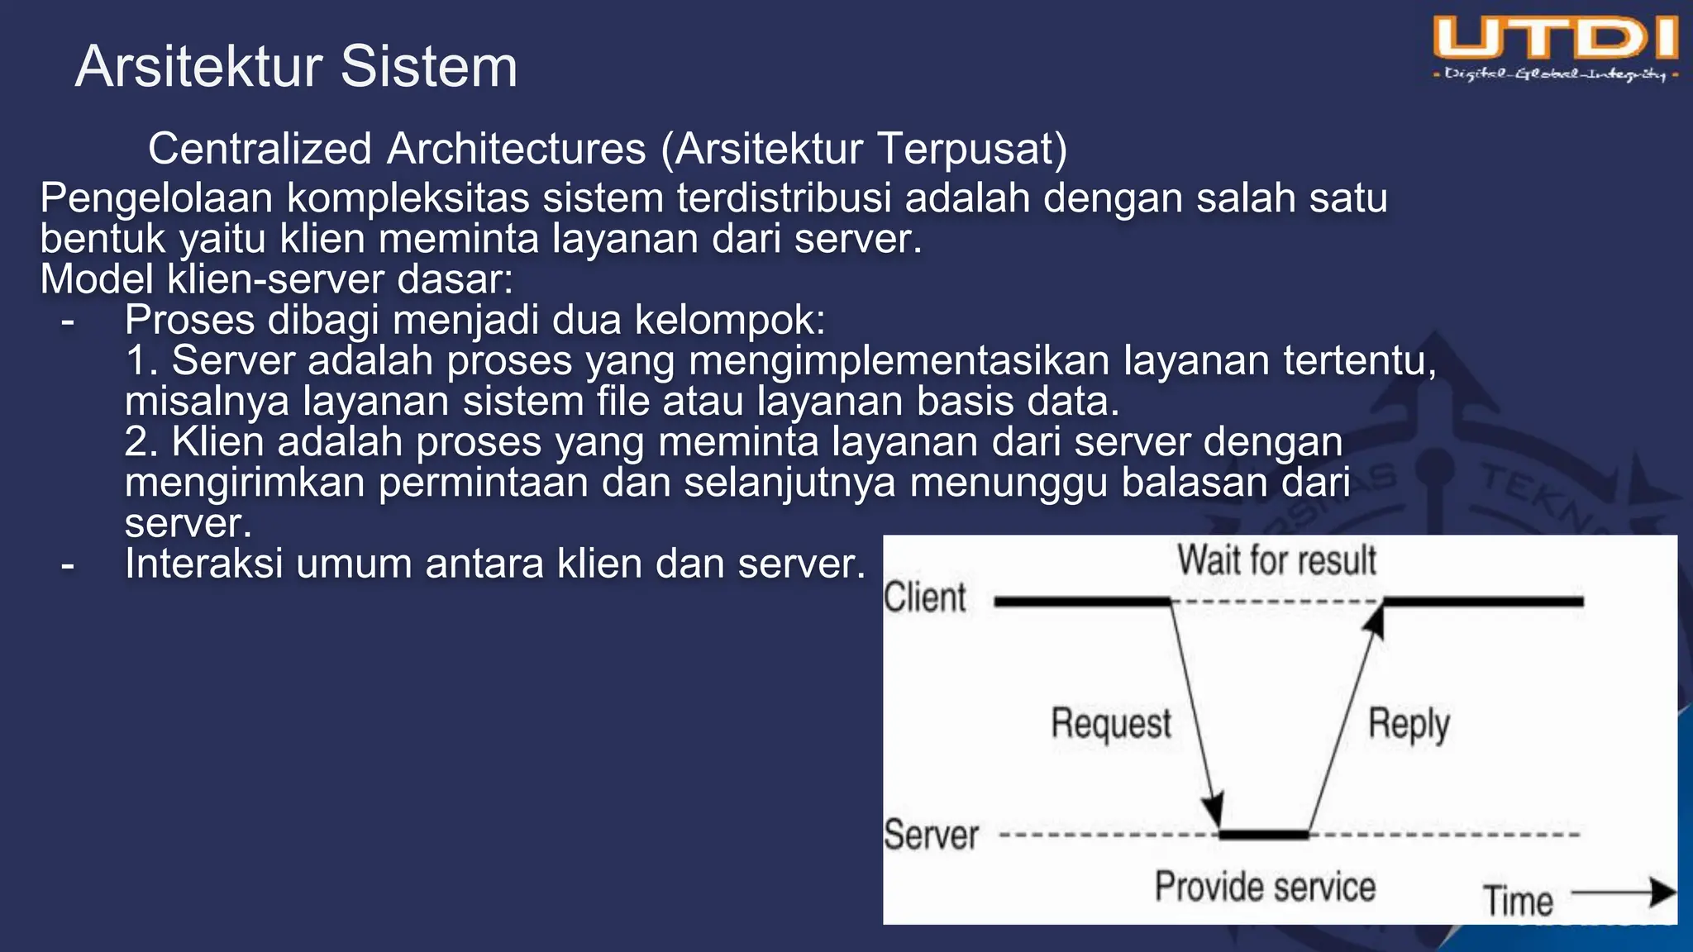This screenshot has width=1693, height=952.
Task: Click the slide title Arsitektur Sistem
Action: click(x=296, y=66)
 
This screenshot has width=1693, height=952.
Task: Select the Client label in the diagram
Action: click(x=924, y=597)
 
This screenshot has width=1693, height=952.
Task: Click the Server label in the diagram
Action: click(x=931, y=835)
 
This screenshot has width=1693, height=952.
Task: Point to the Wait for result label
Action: click(x=1276, y=560)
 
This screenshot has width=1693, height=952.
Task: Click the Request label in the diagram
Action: click(x=1111, y=724)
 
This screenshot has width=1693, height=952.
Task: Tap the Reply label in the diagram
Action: click(x=1409, y=725)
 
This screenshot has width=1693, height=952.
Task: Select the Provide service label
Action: click(x=1265, y=887)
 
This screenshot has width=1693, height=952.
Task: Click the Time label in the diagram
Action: click(x=1518, y=901)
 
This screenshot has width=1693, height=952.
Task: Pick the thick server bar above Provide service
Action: click(x=1264, y=835)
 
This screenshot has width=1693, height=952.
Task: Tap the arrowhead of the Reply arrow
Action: click(x=1374, y=620)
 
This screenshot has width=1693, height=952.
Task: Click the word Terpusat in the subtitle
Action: click(x=972, y=150)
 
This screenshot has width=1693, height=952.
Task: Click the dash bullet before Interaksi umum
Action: click(x=68, y=565)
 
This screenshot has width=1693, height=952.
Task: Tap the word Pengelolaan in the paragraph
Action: click(x=156, y=199)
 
